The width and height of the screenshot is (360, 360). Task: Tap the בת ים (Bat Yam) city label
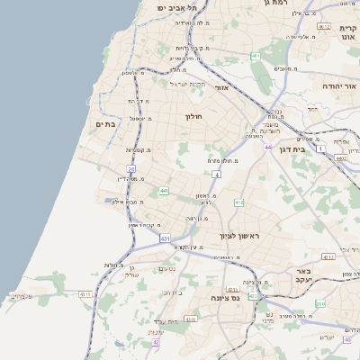pyautogui.click(x=104, y=124)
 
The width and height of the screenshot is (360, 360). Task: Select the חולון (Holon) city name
pyautogui.click(x=196, y=116)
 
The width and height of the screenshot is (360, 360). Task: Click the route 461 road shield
pyautogui.click(x=256, y=56)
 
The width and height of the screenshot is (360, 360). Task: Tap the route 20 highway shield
pyautogui.click(x=131, y=168)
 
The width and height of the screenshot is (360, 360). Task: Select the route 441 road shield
pyautogui.click(x=164, y=191)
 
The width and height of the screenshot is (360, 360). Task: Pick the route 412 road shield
pyautogui.click(x=238, y=203)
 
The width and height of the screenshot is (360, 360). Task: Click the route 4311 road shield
pyautogui.click(x=85, y=294)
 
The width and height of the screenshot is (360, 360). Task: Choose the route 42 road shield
pyautogui.click(x=156, y=342)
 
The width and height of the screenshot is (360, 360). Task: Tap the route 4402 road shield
pyautogui.click(x=340, y=157)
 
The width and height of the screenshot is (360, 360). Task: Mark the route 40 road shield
pyautogui.click(x=347, y=339)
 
